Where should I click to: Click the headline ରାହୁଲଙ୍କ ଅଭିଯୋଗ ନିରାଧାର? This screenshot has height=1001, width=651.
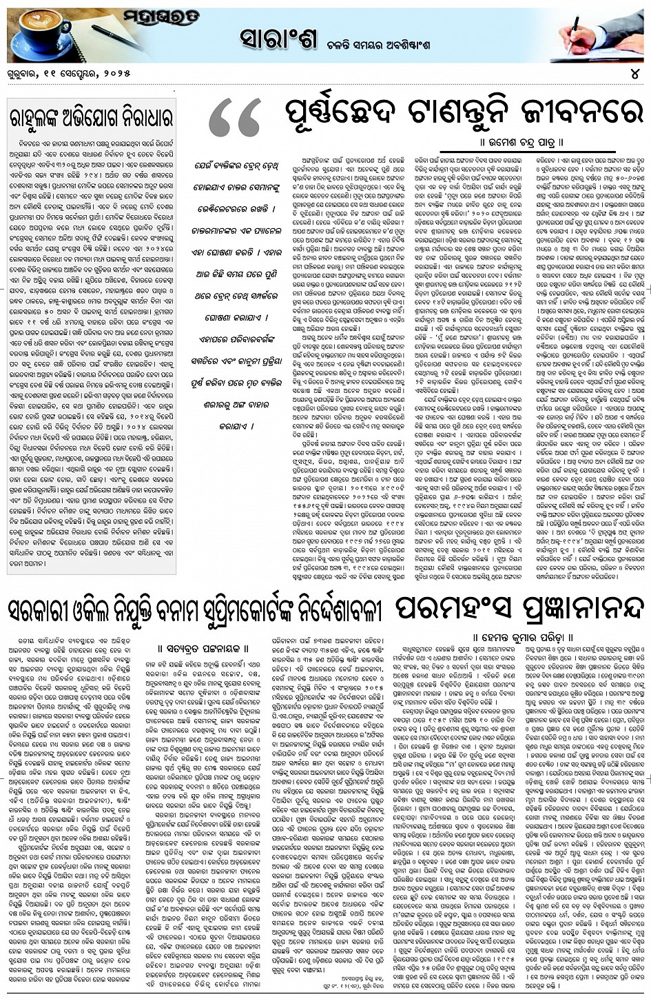click(91, 114)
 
